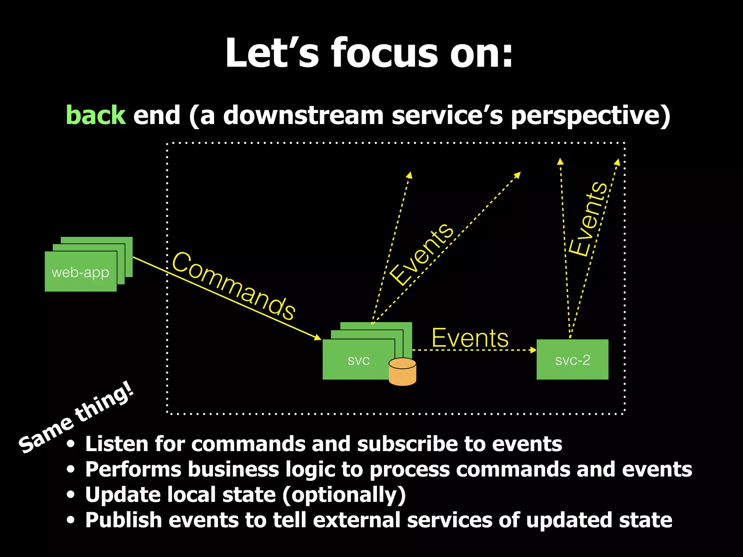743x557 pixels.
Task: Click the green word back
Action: coord(96,115)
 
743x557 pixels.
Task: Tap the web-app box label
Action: coord(80,272)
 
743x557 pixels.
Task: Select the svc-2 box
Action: coord(572,359)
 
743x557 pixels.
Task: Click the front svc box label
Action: coord(358,360)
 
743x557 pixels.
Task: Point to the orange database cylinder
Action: coord(402,372)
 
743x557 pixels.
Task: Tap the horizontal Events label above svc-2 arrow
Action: coord(470,338)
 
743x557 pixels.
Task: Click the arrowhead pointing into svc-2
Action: coord(533,350)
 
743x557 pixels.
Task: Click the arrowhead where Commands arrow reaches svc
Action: coord(318,338)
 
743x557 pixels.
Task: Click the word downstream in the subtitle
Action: coord(303,115)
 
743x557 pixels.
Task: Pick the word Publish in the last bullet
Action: coord(123,520)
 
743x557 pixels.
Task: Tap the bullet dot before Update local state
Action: coord(71,495)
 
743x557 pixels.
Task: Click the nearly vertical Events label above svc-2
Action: coord(588,219)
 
